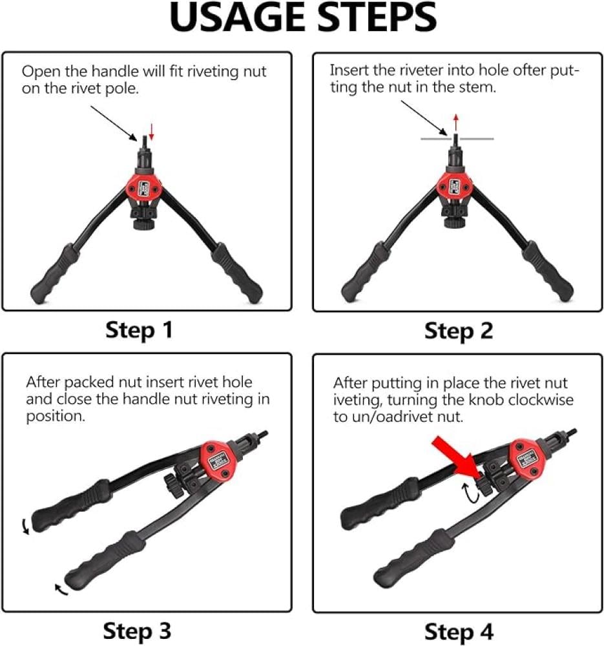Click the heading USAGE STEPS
(x=303, y=17)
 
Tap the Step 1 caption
(x=139, y=330)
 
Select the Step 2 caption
(x=459, y=331)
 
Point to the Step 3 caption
(x=137, y=631)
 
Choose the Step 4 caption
(x=459, y=632)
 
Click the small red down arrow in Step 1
(x=151, y=131)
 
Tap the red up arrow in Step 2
(x=455, y=122)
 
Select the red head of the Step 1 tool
(x=144, y=187)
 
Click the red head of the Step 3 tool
(x=217, y=461)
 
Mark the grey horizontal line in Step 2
(x=457, y=139)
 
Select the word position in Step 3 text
(x=55, y=417)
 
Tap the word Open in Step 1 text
(x=39, y=72)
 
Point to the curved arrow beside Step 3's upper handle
(x=26, y=526)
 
